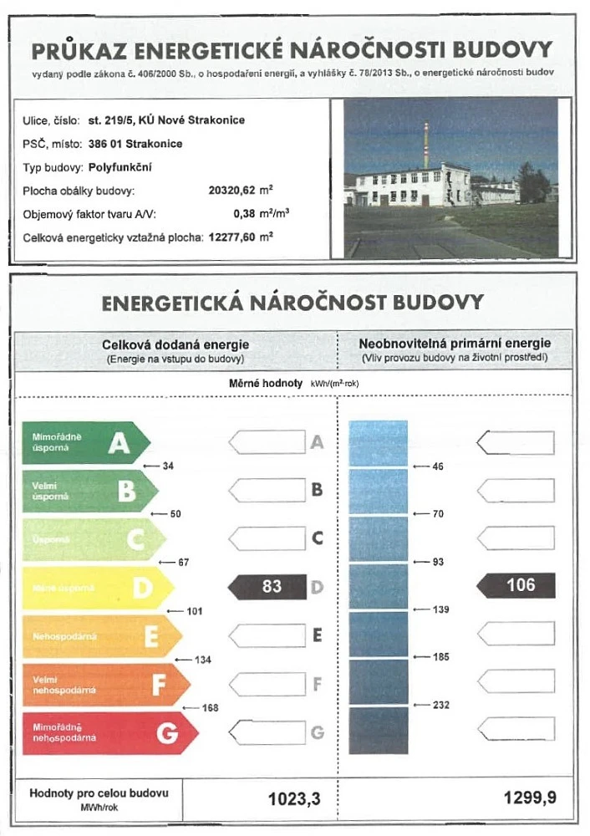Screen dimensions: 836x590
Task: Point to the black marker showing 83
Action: pyautogui.click(x=269, y=587)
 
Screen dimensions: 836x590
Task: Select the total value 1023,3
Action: pyautogui.click(x=294, y=799)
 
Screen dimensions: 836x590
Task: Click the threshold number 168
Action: pyautogui.click(x=211, y=708)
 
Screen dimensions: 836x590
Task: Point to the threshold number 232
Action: pyautogui.click(x=441, y=705)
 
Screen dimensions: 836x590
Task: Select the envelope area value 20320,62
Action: pyautogui.click(x=236, y=190)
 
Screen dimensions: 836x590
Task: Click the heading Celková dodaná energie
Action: pyautogui.click(x=175, y=344)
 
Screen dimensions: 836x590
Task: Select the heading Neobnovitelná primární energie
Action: pyautogui.click(x=455, y=344)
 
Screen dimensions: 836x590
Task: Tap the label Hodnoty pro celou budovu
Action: pyautogui.click(x=99, y=792)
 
